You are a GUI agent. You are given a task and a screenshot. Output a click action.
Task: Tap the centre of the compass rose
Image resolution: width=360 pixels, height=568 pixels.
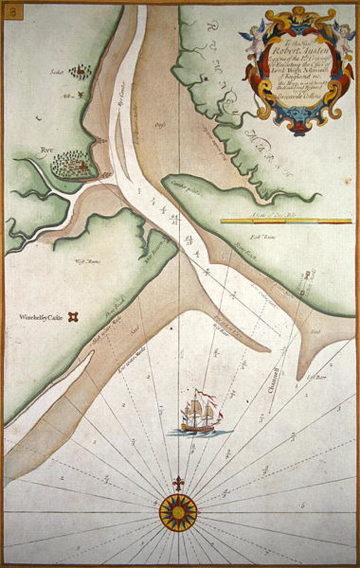click(x=178, y=513)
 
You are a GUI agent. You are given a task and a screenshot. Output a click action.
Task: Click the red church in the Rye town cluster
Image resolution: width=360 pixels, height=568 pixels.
click(x=83, y=165)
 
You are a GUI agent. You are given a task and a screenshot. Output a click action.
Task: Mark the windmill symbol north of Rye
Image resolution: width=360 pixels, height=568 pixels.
click(x=80, y=95)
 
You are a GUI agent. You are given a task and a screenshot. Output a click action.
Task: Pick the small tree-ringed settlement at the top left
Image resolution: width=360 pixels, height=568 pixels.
click(x=81, y=72)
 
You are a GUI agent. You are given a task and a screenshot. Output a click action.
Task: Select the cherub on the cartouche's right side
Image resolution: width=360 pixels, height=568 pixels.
click(x=343, y=38)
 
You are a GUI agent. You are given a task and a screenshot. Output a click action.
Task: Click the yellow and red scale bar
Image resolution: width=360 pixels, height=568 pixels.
click(x=286, y=221)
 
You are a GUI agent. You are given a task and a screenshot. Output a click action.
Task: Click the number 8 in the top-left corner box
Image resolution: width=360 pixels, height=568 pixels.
click(x=13, y=11)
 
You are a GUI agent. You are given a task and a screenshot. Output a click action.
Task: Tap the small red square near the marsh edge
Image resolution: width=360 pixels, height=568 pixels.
click(x=205, y=79)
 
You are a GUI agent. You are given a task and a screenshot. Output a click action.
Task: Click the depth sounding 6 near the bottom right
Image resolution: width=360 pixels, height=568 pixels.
click(x=303, y=505)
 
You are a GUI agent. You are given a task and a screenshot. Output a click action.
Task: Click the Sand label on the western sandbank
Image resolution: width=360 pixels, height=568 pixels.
click(x=134, y=331)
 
